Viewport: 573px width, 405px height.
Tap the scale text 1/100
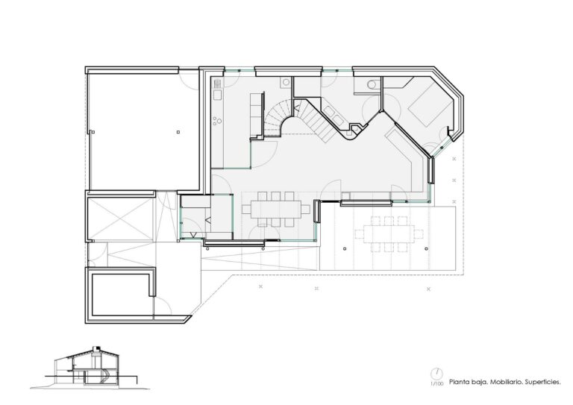(x=435, y=384)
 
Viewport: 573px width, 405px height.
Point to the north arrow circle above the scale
(x=435, y=373)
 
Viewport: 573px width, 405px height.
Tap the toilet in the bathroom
(x=372, y=87)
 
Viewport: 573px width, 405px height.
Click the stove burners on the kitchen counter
(x=217, y=119)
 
